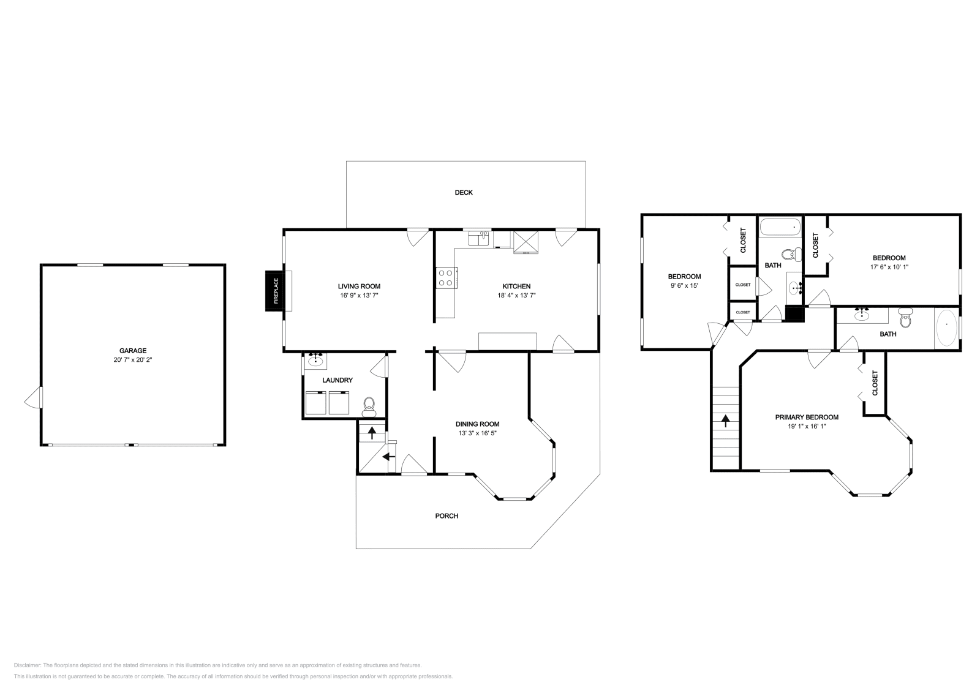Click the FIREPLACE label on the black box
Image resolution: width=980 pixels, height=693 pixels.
[x=276, y=291]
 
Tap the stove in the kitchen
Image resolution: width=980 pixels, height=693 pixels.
[x=445, y=278]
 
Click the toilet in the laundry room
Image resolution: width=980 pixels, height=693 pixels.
[x=369, y=405]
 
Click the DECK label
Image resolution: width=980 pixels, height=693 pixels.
[x=464, y=192]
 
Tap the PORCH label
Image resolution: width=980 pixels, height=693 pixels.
[x=447, y=515]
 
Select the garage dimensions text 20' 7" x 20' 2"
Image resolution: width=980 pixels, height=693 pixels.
[x=132, y=360]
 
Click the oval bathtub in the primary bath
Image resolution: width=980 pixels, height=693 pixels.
[x=946, y=328]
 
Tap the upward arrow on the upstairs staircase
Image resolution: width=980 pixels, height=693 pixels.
[x=726, y=421]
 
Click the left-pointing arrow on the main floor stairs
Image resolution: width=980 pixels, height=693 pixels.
[x=387, y=456]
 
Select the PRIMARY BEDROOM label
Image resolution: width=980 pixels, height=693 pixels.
[x=807, y=417]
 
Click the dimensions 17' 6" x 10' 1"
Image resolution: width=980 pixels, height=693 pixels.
[x=888, y=267]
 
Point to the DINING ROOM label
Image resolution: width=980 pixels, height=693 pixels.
[x=477, y=424]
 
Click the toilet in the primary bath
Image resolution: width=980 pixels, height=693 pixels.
[x=905, y=318]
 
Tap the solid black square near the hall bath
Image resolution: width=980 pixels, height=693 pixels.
[x=794, y=314]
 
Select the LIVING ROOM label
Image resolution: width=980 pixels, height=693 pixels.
[x=359, y=286]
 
